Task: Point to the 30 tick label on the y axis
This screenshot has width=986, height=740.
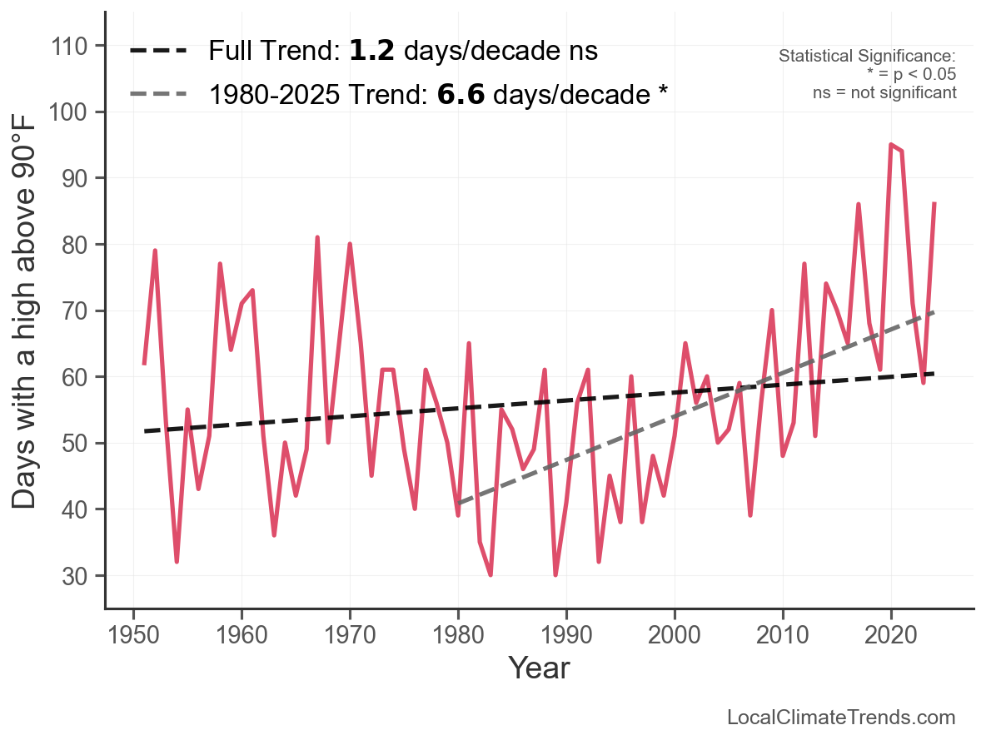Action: point(72,576)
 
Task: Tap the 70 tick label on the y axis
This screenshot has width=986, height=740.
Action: point(72,310)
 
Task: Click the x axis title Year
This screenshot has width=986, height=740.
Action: point(539,668)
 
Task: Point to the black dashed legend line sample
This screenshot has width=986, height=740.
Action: point(159,52)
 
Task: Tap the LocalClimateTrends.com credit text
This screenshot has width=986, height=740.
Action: point(841,718)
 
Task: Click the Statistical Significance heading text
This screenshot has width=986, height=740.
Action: point(867,56)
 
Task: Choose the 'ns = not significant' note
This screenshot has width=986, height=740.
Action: point(884,92)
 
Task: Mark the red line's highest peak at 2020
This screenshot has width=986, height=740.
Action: point(891,145)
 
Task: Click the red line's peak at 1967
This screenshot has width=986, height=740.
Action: point(317,237)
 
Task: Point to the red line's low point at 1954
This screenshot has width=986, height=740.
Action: point(177,562)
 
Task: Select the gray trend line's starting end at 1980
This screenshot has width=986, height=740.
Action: point(458,503)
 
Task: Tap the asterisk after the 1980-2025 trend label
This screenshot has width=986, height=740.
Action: point(663,93)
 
